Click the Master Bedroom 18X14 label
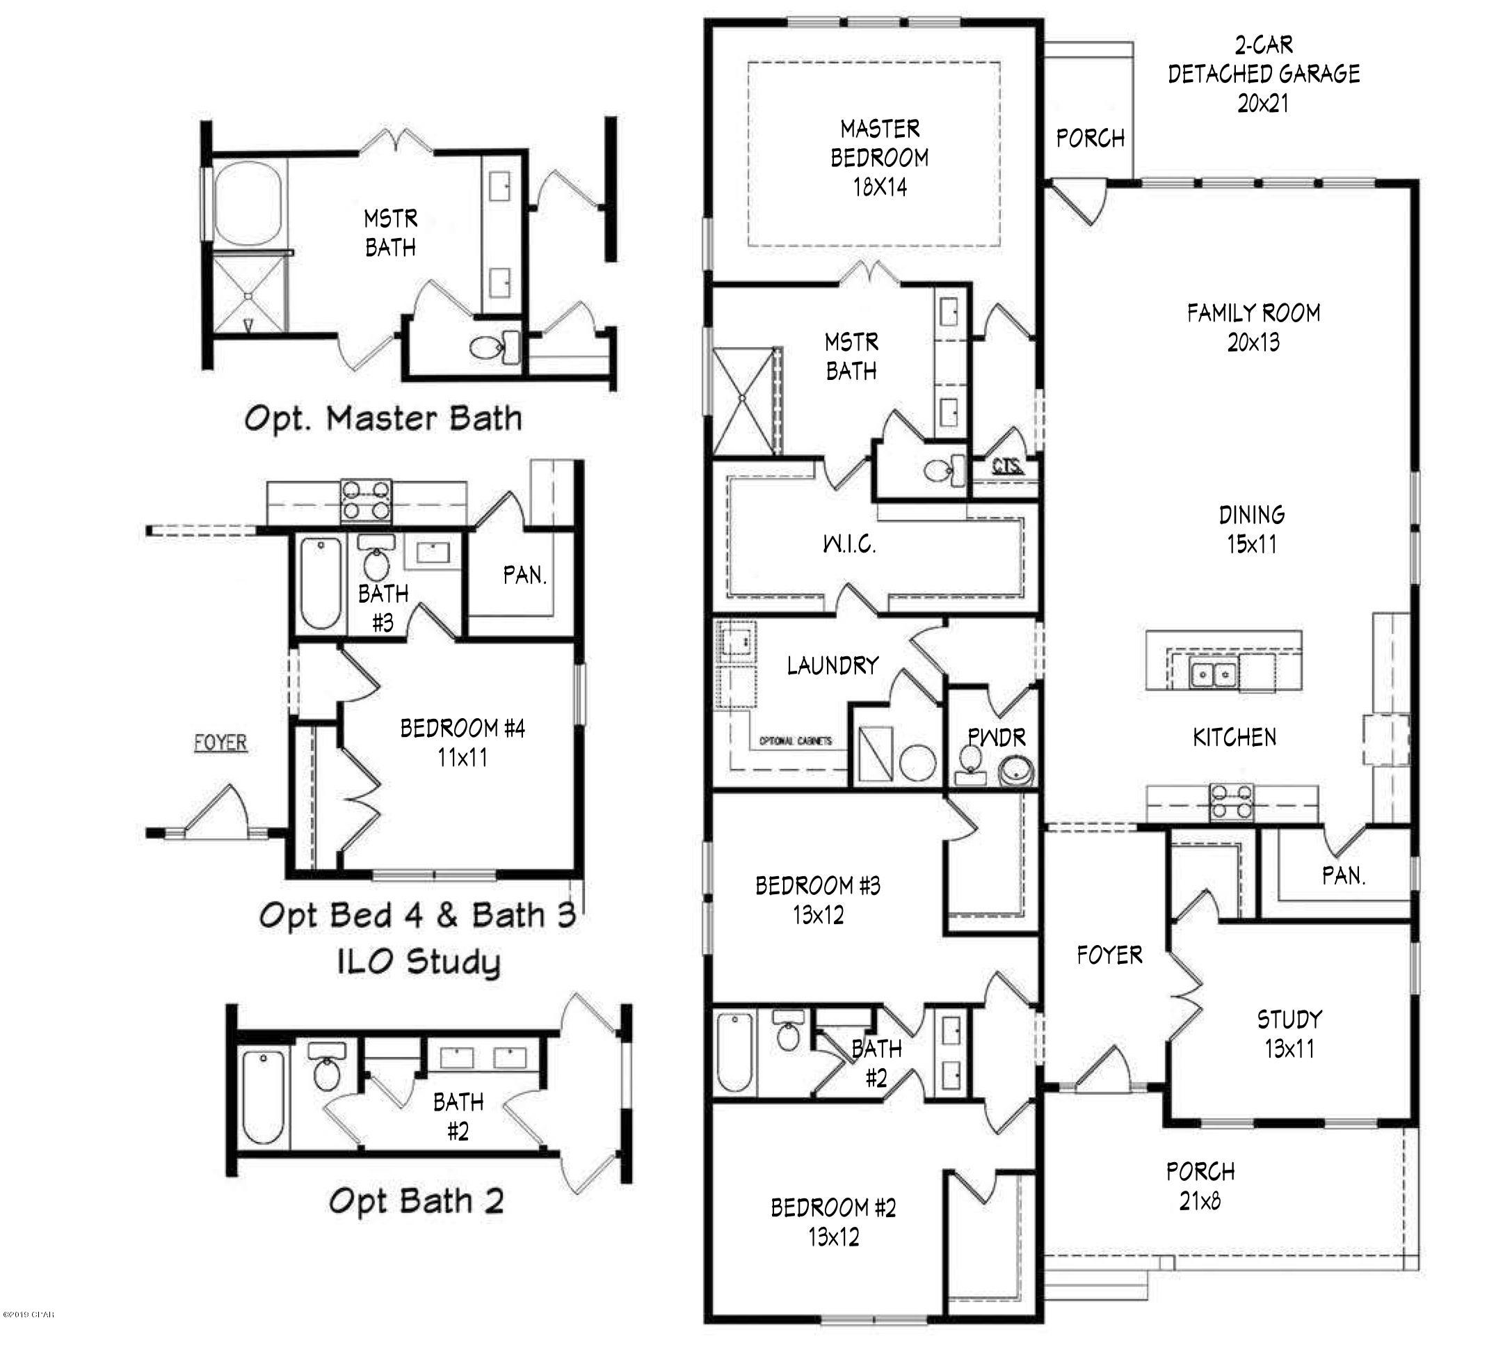click(x=879, y=157)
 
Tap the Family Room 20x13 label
click(x=1253, y=327)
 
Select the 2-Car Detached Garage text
click(x=1263, y=74)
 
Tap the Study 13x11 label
click(x=1289, y=1033)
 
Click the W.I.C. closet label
click(x=850, y=544)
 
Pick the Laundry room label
click(x=833, y=665)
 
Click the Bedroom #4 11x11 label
click(x=463, y=743)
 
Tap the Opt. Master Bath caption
click(x=383, y=419)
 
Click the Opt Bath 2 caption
click(x=417, y=1200)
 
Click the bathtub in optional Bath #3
click(x=321, y=583)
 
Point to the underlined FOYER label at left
click(x=220, y=743)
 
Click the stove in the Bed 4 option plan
click(x=366, y=500)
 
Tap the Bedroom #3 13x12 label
click(x=818, y=900)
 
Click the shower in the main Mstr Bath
click(x=743, y=401)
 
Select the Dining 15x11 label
click(x=1252, y=530)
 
